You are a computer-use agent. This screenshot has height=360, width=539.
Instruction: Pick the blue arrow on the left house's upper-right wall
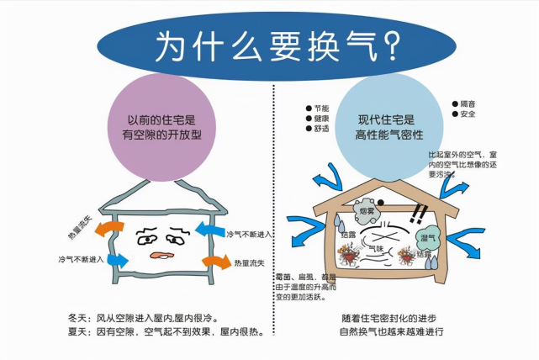tap(207, 229)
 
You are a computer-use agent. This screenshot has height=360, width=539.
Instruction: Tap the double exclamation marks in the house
tap(413, 214)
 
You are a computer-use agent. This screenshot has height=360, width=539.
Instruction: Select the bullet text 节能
tap(321, 109)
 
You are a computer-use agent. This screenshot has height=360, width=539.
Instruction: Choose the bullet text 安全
tap(468, 114)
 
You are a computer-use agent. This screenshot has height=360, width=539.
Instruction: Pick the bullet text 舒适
tap(321, 131)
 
